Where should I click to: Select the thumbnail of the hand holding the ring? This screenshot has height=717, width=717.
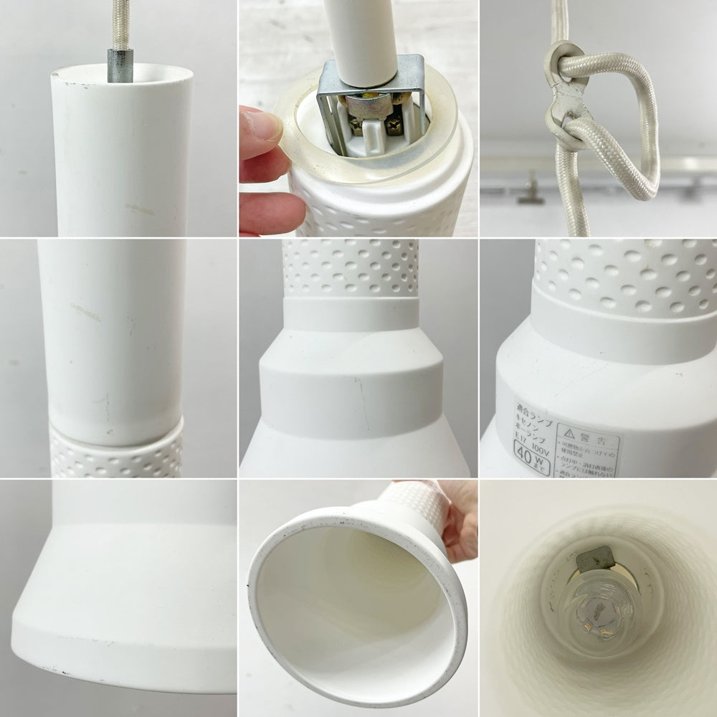[x=358, y=118]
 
